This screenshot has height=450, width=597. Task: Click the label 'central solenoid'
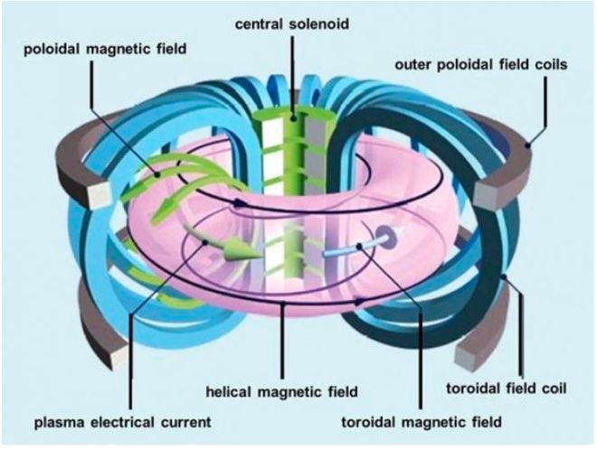point(292,24)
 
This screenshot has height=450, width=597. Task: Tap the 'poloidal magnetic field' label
point(105,49)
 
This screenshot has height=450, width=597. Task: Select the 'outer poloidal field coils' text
point(481,65)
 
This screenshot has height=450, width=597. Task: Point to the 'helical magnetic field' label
point(281,391)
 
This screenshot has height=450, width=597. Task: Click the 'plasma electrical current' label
point(123,422)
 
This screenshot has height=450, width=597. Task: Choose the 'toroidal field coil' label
point(507,389)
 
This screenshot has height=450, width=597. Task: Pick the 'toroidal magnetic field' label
point(422,422)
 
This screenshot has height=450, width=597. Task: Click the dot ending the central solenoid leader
point(294,118)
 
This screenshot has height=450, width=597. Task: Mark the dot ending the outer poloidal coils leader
point(527,145)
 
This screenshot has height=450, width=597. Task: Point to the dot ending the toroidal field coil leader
point(504,277)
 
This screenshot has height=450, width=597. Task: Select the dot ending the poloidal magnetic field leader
point(157,174)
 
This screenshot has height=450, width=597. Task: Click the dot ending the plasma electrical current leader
point(205,242)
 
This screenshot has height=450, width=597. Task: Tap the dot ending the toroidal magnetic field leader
point(359,247)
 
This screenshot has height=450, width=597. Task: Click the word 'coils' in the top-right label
point(551,65)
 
